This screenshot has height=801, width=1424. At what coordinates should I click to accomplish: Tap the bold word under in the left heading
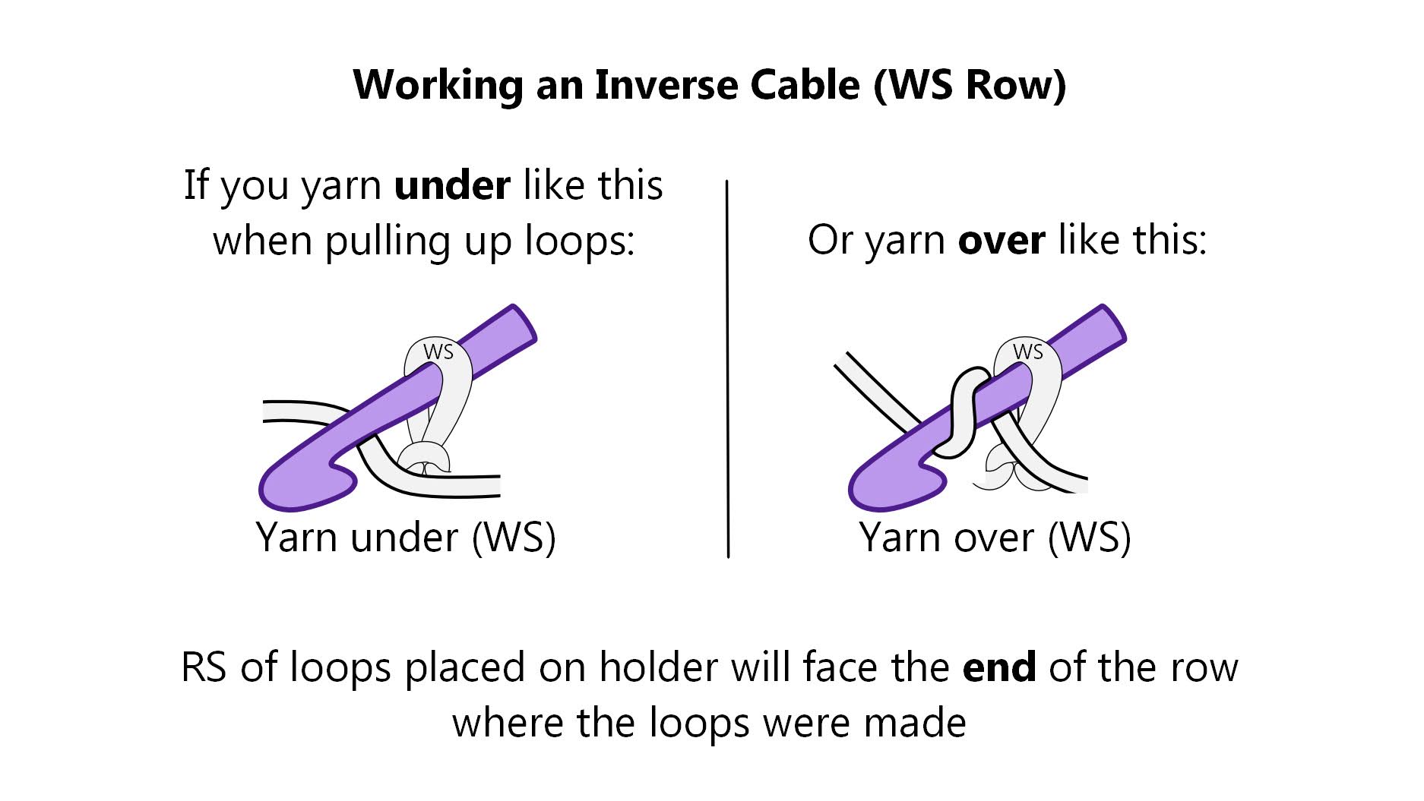pos(452,186)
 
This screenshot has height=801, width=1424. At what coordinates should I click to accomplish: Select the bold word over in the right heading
pos(1001,241)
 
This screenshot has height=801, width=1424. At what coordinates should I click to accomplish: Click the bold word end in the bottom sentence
pos(998,667)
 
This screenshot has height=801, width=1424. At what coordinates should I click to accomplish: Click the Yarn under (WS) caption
pos(406,538)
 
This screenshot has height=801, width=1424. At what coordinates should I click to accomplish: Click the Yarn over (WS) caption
pos(995,538)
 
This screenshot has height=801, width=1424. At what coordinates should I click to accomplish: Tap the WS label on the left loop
pos(438,352)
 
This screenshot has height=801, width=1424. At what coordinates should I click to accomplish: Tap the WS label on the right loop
pos(1027,352)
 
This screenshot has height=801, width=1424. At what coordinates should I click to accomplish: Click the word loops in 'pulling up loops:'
pos(579,242)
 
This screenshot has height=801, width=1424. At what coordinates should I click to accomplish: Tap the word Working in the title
pos(438,84)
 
